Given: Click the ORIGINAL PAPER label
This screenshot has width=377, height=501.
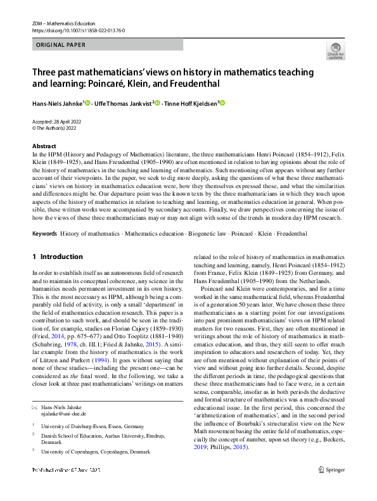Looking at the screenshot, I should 61,45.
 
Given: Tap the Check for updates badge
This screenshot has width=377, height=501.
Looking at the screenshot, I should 335,51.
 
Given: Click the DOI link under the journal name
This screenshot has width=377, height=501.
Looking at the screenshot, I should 78,29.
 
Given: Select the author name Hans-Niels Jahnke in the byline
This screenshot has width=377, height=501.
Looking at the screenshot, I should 57,103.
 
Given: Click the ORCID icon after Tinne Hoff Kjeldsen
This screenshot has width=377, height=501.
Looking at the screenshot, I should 222,103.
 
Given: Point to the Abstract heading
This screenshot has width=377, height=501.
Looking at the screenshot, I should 44,146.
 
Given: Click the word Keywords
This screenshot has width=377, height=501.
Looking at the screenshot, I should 44,234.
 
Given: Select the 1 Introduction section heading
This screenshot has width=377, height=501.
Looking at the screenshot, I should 57,257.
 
